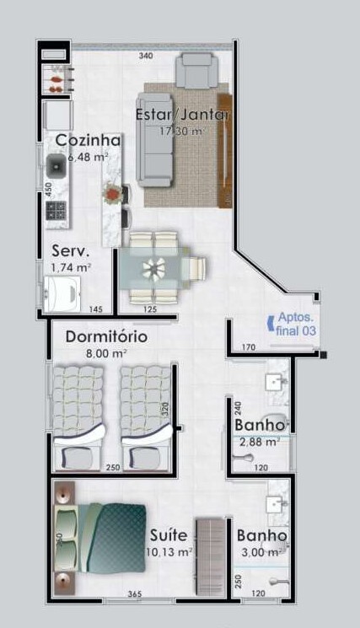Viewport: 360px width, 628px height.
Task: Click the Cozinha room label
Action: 89,140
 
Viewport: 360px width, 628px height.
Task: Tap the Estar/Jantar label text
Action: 184,115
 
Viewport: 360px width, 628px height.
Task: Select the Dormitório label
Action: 106,336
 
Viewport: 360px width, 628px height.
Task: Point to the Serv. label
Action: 71,251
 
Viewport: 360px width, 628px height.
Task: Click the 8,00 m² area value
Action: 108,354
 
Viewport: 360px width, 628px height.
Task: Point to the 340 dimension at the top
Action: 146,56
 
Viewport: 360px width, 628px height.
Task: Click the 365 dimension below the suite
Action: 134,594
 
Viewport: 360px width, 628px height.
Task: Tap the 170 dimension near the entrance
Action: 248,347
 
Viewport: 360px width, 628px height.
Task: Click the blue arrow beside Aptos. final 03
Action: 269,320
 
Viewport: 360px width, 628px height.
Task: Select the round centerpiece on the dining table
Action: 154,269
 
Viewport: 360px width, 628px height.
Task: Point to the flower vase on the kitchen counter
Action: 111,195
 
